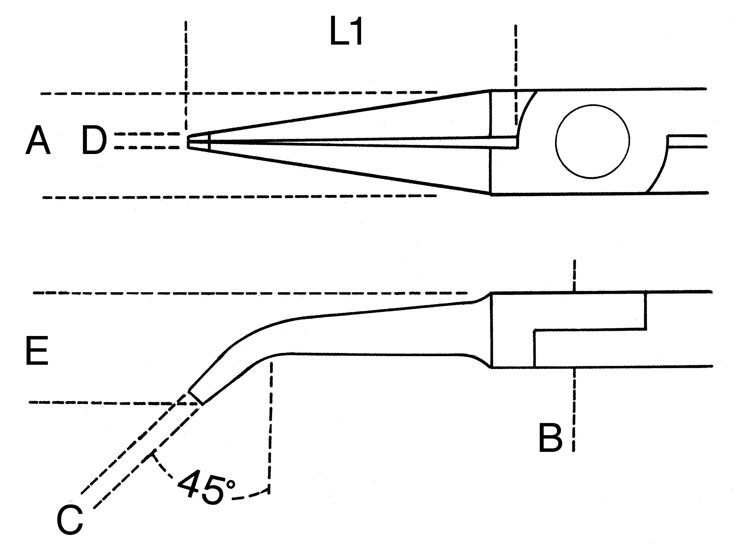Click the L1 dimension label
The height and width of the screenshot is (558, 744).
point(346,35)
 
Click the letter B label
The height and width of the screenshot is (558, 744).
point(550,439)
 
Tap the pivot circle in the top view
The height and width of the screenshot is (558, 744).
point(592,141)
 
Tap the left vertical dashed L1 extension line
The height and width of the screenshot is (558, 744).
point(186,67)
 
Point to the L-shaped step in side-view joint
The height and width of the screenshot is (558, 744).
point(589,330)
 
